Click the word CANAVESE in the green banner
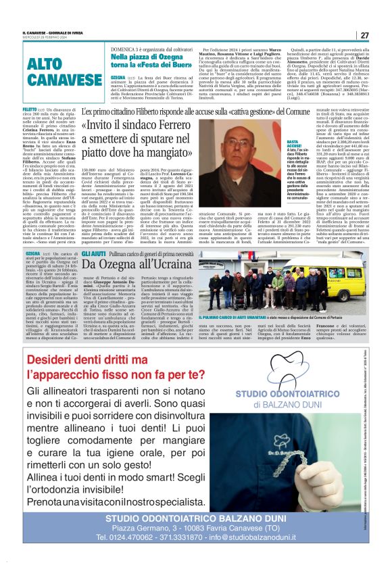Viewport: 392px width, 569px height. [51, 80]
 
